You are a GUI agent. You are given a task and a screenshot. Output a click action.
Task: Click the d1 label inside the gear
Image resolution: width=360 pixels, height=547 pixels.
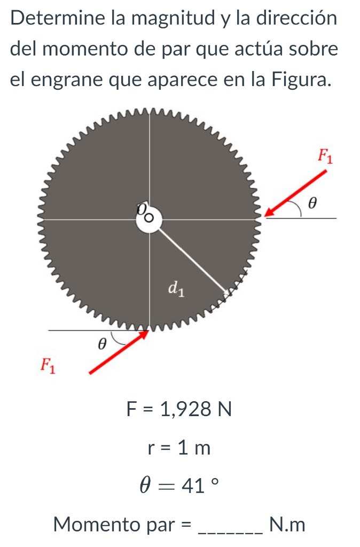pos(177,289)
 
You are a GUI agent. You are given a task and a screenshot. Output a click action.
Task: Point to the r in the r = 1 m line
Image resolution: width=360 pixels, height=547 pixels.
pos(152,449)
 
